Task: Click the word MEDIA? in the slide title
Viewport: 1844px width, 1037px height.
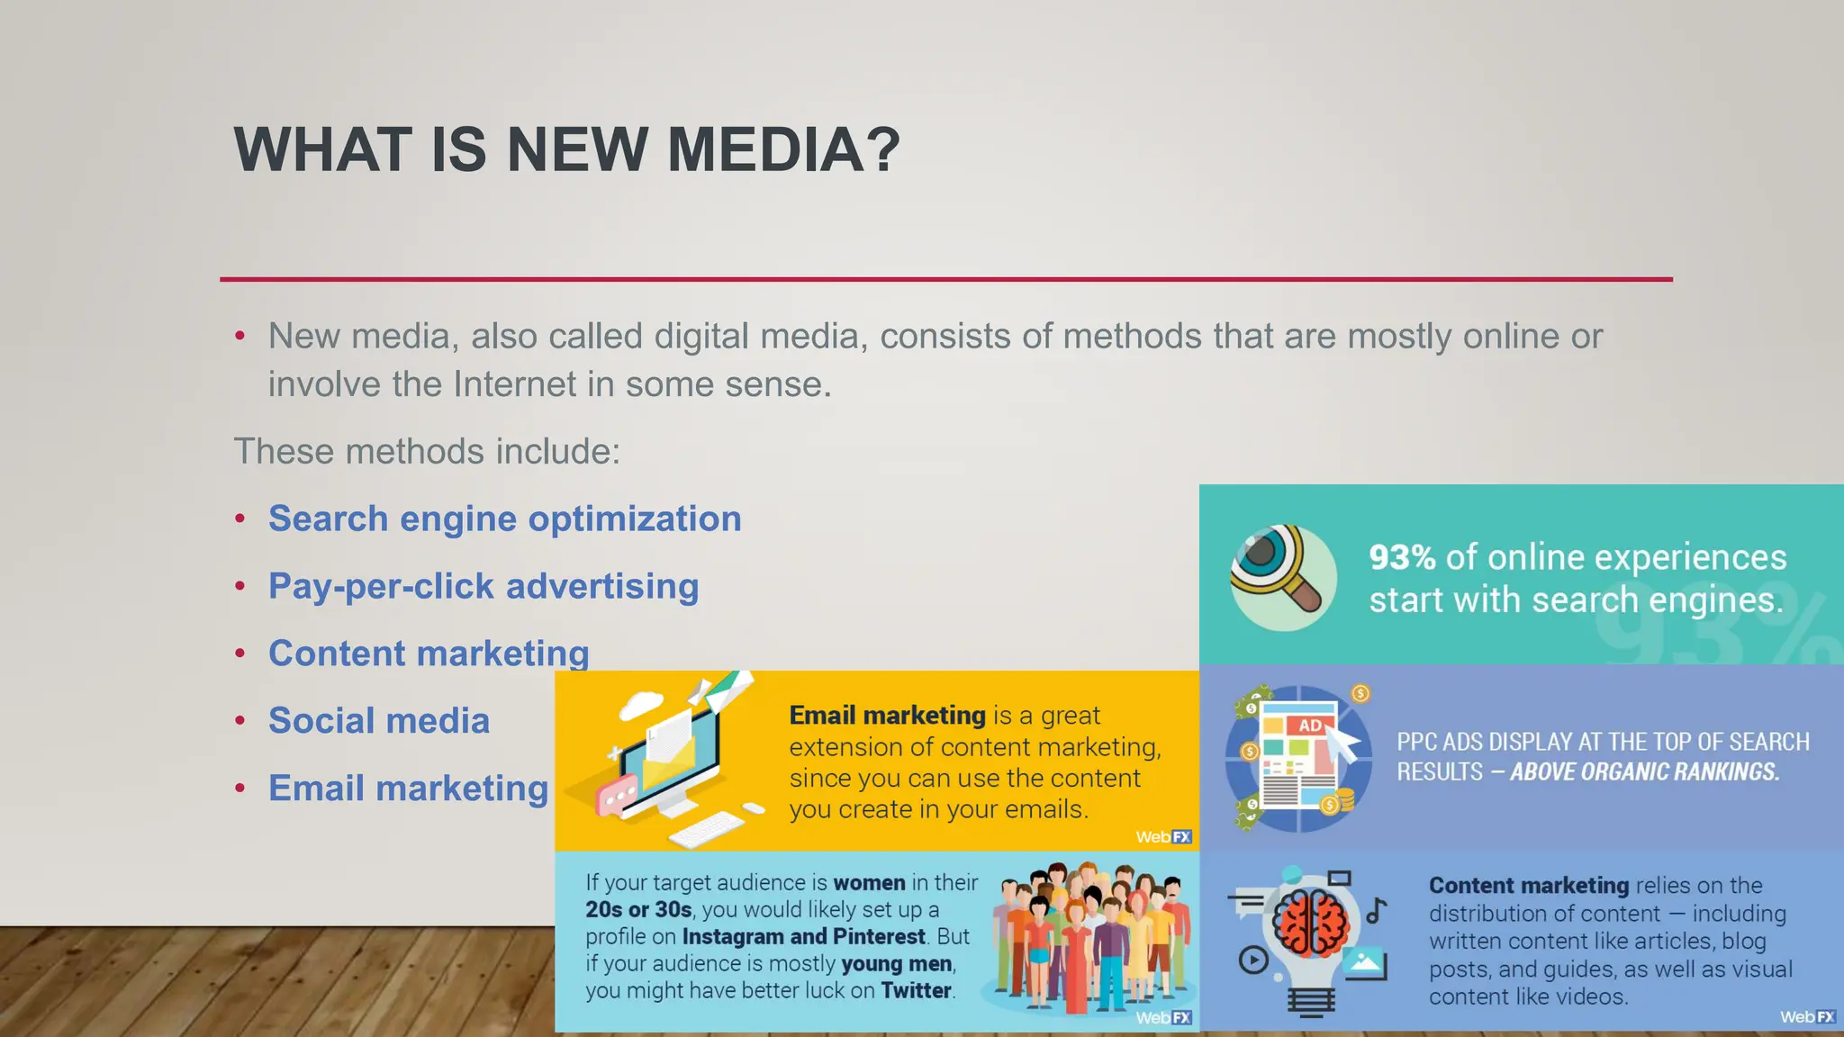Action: pos(783,149)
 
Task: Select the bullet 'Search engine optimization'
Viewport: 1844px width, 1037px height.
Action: pos(504,519)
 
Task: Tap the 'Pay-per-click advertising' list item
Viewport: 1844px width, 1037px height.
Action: pos(484,587)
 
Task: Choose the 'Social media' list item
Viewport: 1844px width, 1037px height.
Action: pos(378,721)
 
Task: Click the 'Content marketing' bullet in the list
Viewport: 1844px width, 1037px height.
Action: pos(429,654)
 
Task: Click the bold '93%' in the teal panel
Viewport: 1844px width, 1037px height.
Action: pos(1402,558)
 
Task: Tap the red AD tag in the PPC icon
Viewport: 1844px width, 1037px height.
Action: pos(1310,726)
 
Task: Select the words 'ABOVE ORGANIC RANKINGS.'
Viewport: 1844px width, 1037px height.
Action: pos(1644,772)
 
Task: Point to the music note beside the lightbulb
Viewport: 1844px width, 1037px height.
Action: pos(1376,911)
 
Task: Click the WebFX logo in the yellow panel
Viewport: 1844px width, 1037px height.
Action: pos(1163,837)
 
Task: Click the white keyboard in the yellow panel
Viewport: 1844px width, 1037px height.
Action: pos(707,829)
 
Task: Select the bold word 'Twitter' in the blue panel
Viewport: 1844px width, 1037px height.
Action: pos(916,991)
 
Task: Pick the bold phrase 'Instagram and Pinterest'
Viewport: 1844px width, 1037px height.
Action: pos(803,937)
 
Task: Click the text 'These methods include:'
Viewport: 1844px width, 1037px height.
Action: pos(427,452)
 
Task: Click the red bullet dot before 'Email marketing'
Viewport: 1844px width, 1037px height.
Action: pos(240,789)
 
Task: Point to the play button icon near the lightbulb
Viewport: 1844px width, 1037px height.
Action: pos(1253,960)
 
